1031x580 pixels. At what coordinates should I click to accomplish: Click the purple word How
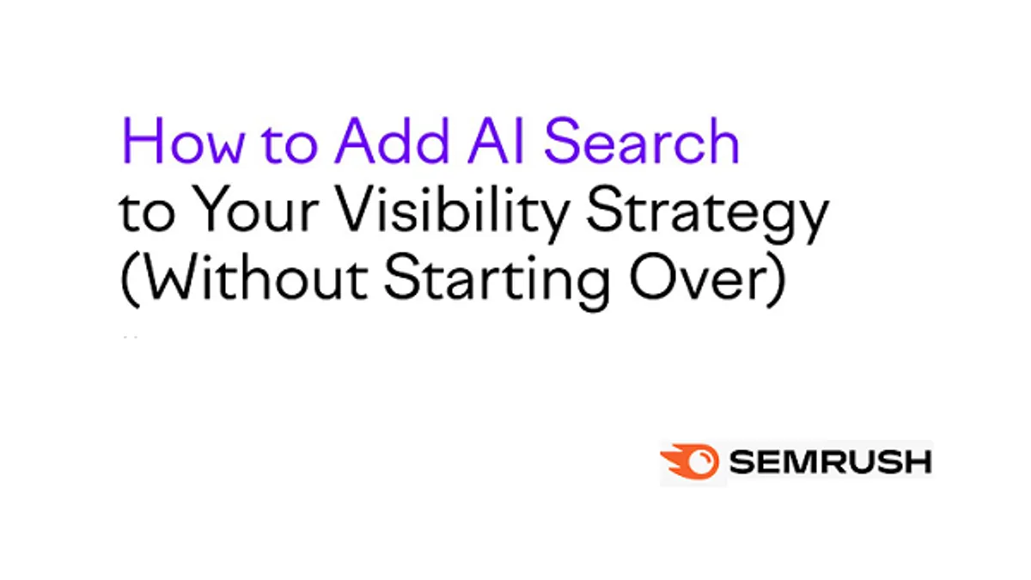tap(183, 140)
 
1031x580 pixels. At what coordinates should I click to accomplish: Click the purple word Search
tap(642, 140)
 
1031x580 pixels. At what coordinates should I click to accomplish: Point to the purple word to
tap(290, 143)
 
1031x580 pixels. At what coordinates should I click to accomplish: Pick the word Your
tap(255, 209)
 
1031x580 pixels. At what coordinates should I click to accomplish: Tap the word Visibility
tap(453, 213)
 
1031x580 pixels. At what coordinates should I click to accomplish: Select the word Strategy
tap(708, 214)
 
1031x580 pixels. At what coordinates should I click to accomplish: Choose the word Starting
tap(497, 282)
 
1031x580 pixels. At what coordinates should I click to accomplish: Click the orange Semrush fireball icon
tap(689, 461)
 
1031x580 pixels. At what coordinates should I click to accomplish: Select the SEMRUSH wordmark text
tap(831, 462)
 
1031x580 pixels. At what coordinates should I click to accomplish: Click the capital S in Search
tap(562, 140)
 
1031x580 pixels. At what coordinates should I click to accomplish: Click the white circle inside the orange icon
tap(699, 461)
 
